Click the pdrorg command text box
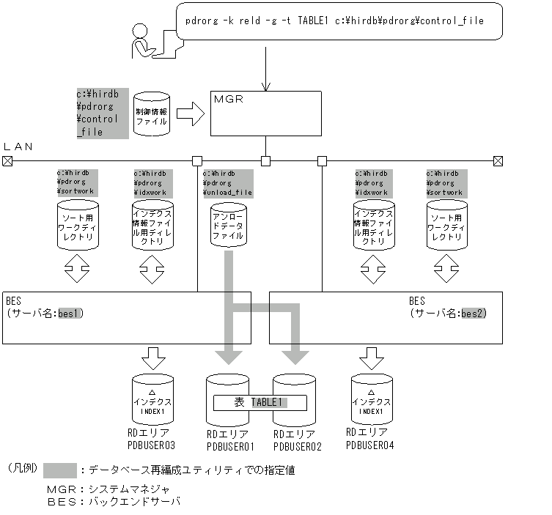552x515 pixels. point(339,21)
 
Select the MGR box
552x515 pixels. point(265,113)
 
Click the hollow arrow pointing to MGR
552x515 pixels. point(190,114)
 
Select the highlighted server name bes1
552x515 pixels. point(71,314)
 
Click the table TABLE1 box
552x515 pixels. point(260,402)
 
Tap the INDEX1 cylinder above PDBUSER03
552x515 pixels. point(152,400)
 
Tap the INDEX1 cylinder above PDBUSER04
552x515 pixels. point(371,400)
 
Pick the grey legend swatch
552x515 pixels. point(59,470)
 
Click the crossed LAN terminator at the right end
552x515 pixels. point(498,160)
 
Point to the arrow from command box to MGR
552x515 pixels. point(265,66)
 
